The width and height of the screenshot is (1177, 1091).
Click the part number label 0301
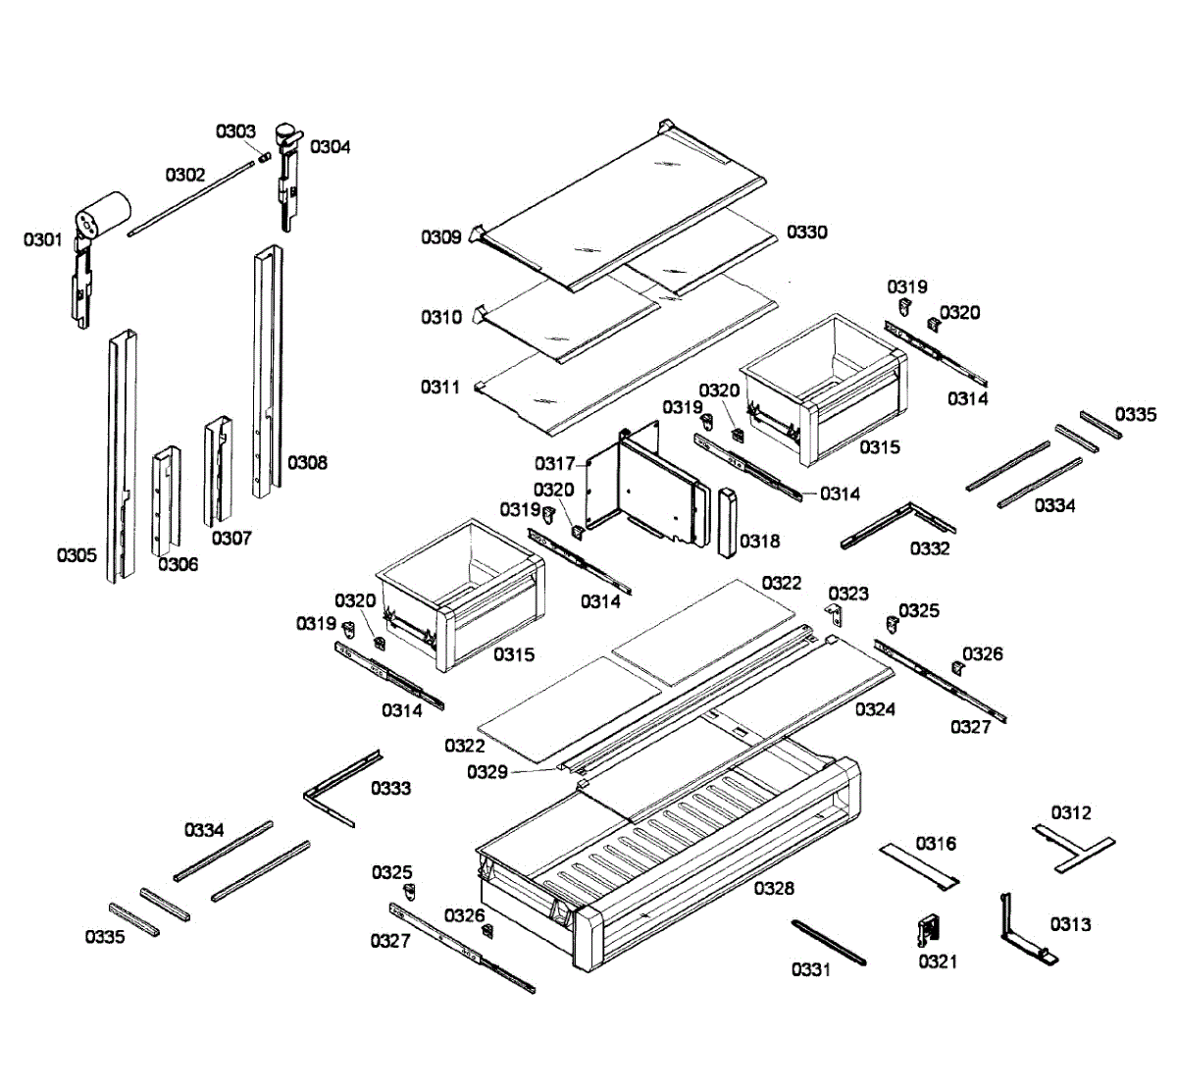(x=43, y=239)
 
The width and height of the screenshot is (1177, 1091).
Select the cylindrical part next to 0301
(x=102, y=215)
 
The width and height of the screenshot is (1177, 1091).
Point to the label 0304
(x=330, y=147)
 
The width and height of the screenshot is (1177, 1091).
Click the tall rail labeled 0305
(x=122, y=451)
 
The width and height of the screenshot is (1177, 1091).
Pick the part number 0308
(x=307, y=462)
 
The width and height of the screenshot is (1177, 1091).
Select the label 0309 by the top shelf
(x=441, y=237)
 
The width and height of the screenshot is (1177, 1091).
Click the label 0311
(x=441, y=388)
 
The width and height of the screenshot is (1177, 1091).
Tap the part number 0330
(x=807, y=233)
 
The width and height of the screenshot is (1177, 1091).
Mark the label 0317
(x=555, y=463)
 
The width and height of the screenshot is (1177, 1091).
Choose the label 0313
(x=1070, y=924)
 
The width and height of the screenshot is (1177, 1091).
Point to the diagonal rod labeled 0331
(x=829, y=942)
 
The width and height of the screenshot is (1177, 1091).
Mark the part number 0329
(x=487, y=772)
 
